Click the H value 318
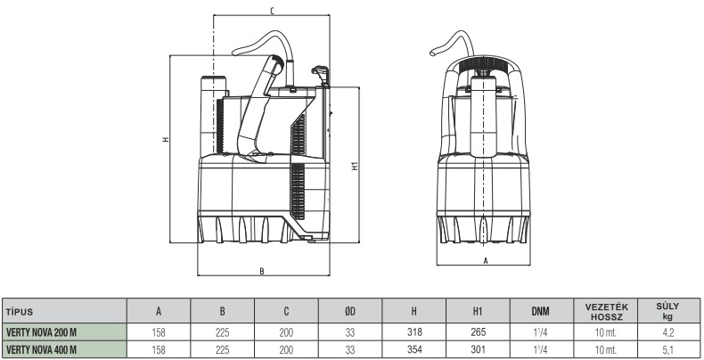[413, 331]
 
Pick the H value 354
[413, 348]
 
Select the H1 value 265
[477, 331]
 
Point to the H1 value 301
[477, 348]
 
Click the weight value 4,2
[667, 331]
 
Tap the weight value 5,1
[667, 348]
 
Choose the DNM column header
[540, 313]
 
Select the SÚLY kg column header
[667, 312]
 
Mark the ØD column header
[350, 313]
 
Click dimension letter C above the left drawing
[271, 11]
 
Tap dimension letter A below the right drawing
[485, 260]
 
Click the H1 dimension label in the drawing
[354, 165]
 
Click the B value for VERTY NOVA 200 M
[223, 331]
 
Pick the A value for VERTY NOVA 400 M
[159, 348]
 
